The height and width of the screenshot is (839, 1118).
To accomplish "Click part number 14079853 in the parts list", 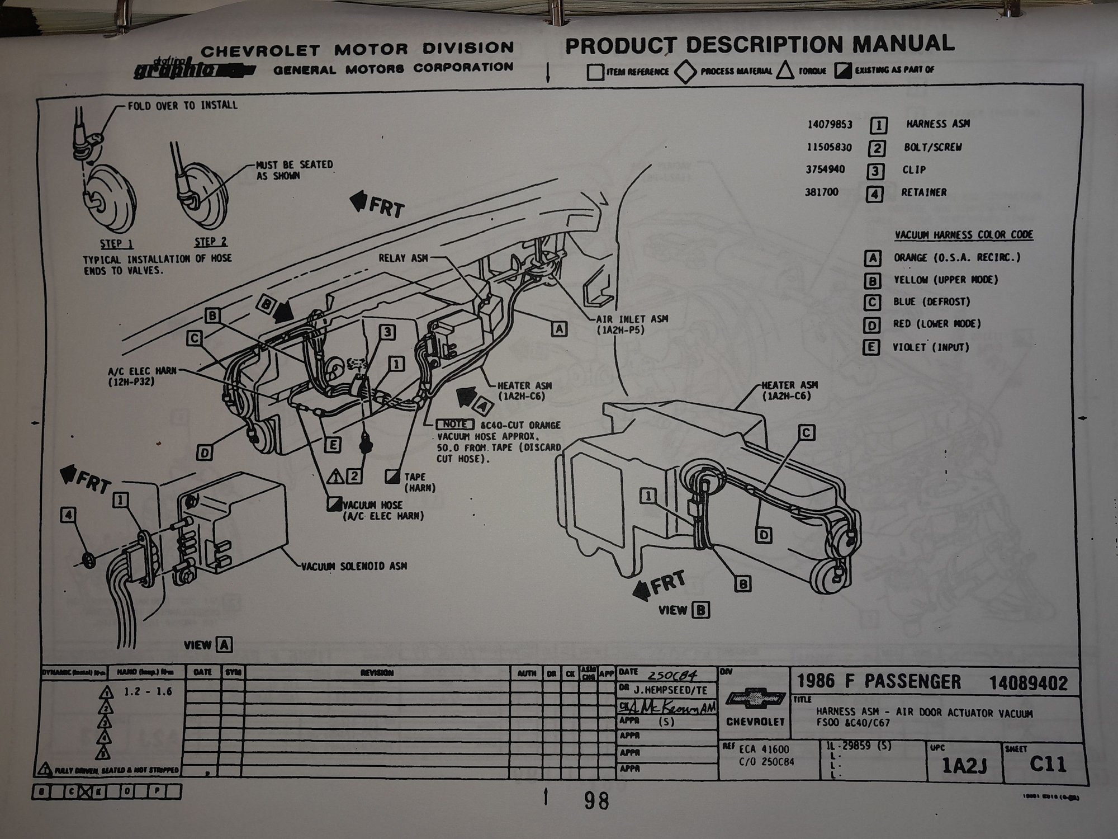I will (830, 124).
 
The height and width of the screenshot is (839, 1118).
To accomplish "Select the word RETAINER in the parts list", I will (923, 192).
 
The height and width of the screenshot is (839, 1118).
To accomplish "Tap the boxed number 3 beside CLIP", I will (875, 171).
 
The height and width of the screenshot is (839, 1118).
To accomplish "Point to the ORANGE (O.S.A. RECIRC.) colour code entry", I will (956, 258).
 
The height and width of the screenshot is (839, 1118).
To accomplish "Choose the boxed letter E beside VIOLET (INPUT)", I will (871, 347).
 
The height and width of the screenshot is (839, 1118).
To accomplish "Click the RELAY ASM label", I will (402, 258).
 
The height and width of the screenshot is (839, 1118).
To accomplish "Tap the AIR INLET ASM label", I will (632, 319).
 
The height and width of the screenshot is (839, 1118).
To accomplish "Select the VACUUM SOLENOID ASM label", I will (354, 566).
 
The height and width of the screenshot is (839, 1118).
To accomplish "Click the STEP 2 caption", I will (211, 242).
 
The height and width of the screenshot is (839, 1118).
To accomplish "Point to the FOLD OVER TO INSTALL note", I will (182, 105).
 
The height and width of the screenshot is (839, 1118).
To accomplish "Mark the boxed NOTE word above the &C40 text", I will (454, 425).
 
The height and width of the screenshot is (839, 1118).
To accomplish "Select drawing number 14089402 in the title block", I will (1028, 683).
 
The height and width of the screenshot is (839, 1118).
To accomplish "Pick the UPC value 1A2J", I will (963, 766).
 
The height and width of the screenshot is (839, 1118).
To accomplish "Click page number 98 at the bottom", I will (596, 801).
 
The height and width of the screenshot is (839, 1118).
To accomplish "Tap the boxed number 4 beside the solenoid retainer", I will (68, 515).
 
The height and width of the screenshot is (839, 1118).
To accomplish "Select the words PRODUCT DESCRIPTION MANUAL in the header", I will (759, 45).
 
